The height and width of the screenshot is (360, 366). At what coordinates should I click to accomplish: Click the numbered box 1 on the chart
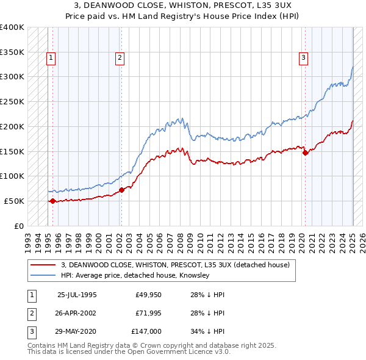pyautogui.click(x=51, y=58)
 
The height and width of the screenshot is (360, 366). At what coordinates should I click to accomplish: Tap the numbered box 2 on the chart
pyautogui.click(x=120, y=58)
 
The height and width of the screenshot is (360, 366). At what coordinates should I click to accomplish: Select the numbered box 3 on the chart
pyautogui.click(x=303, y=58)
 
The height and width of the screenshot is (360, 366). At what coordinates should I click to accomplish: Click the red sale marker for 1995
pyautogui.click(x=53, y=200)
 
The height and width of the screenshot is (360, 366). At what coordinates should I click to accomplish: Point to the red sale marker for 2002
pyautogui.click(x=121, y=190)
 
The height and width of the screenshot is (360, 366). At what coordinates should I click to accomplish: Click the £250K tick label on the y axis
pyautogui.click(x=12, y=101)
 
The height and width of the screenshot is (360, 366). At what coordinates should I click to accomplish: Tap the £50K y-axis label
pyautogui.click(x=14, y=201)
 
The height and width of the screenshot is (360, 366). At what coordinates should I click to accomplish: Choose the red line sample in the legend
pyautogui.click(x=43, y=265)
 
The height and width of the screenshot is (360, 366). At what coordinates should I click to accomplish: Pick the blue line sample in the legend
pyautogui.click(x=43, y=276)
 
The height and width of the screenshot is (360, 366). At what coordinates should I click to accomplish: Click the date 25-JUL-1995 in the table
pyautogui.click(x=77, y=294)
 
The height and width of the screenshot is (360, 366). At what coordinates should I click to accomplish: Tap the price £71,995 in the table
pyautogui.click(x=148, y=313)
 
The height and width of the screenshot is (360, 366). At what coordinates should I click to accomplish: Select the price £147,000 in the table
pyautogui.click(x=146, y=331)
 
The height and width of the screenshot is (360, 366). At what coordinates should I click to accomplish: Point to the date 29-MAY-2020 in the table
pyautogui.click(x=77, y=331)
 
